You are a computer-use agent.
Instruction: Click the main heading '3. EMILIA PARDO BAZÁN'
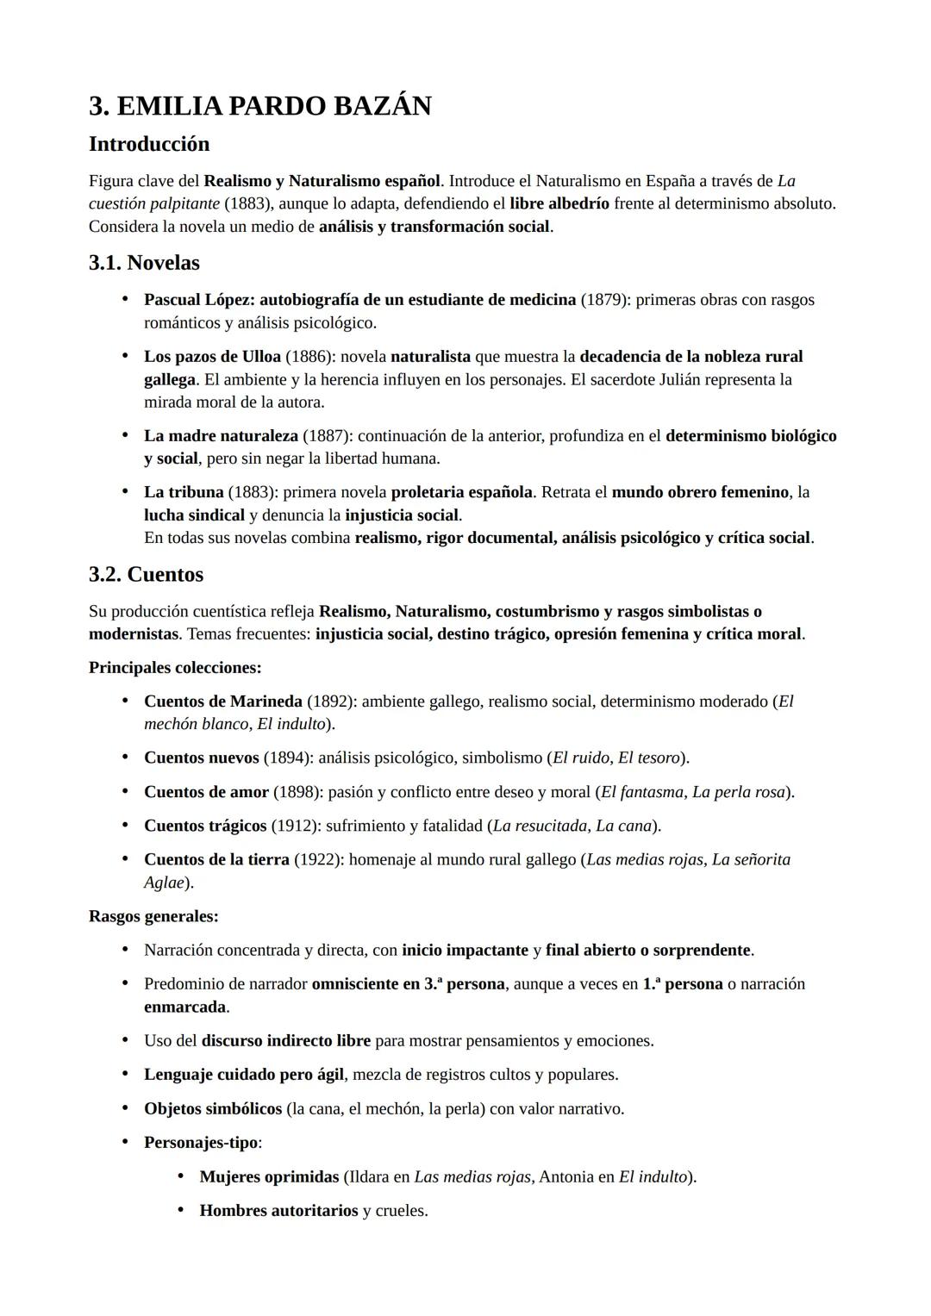pos(259,106)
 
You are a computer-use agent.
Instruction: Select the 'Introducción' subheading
pos(149,144)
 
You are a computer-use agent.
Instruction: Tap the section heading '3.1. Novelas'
pos(144,263)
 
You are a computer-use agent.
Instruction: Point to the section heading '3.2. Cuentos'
pos(146,574)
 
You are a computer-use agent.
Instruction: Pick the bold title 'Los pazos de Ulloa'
pos(212,357)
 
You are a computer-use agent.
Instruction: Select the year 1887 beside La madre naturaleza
pos(324,436)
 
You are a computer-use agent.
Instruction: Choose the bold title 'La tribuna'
pos(184,492)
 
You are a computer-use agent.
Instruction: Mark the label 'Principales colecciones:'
pos(175,668)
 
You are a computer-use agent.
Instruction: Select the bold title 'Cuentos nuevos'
pos(201,758)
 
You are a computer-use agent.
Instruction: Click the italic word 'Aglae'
pos(164,883)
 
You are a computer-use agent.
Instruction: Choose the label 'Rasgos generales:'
pos(153,916)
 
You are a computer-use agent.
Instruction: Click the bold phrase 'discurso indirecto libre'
pos(285,1040)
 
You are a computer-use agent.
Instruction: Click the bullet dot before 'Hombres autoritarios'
pos(180,1210)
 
